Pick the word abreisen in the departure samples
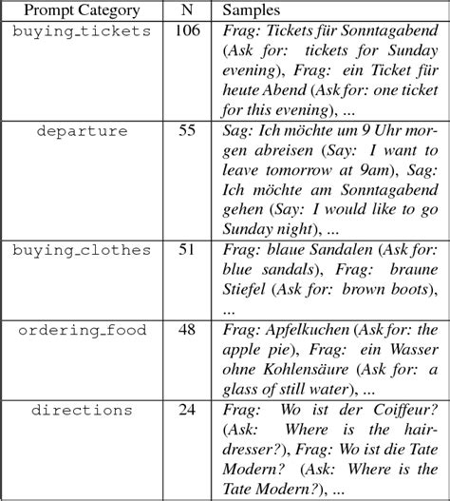tap(253, 150)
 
